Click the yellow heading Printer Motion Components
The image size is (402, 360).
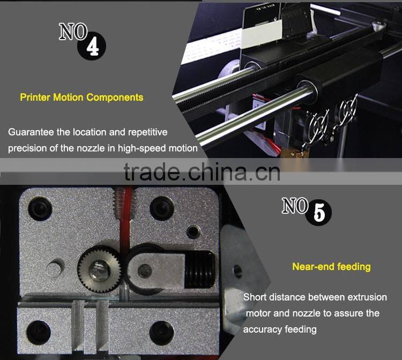coord(81,97)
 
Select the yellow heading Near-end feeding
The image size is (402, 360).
coord(331,267)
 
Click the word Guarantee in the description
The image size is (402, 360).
coord(31,132)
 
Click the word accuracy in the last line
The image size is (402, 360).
coord(263,329)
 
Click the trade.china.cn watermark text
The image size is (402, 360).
coord(202,171)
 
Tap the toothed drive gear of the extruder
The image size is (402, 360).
coord(99,269)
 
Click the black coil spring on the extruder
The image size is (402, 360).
coord(199,269)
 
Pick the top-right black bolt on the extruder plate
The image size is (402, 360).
coord(162,207)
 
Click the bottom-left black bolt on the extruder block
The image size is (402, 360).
coord(39,332)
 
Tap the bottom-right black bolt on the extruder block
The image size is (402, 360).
coord(161,333)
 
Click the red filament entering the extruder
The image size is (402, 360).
coord(125,218)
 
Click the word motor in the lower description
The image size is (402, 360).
coord(258,313)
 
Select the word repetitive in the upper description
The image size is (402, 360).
coord(148,132)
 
